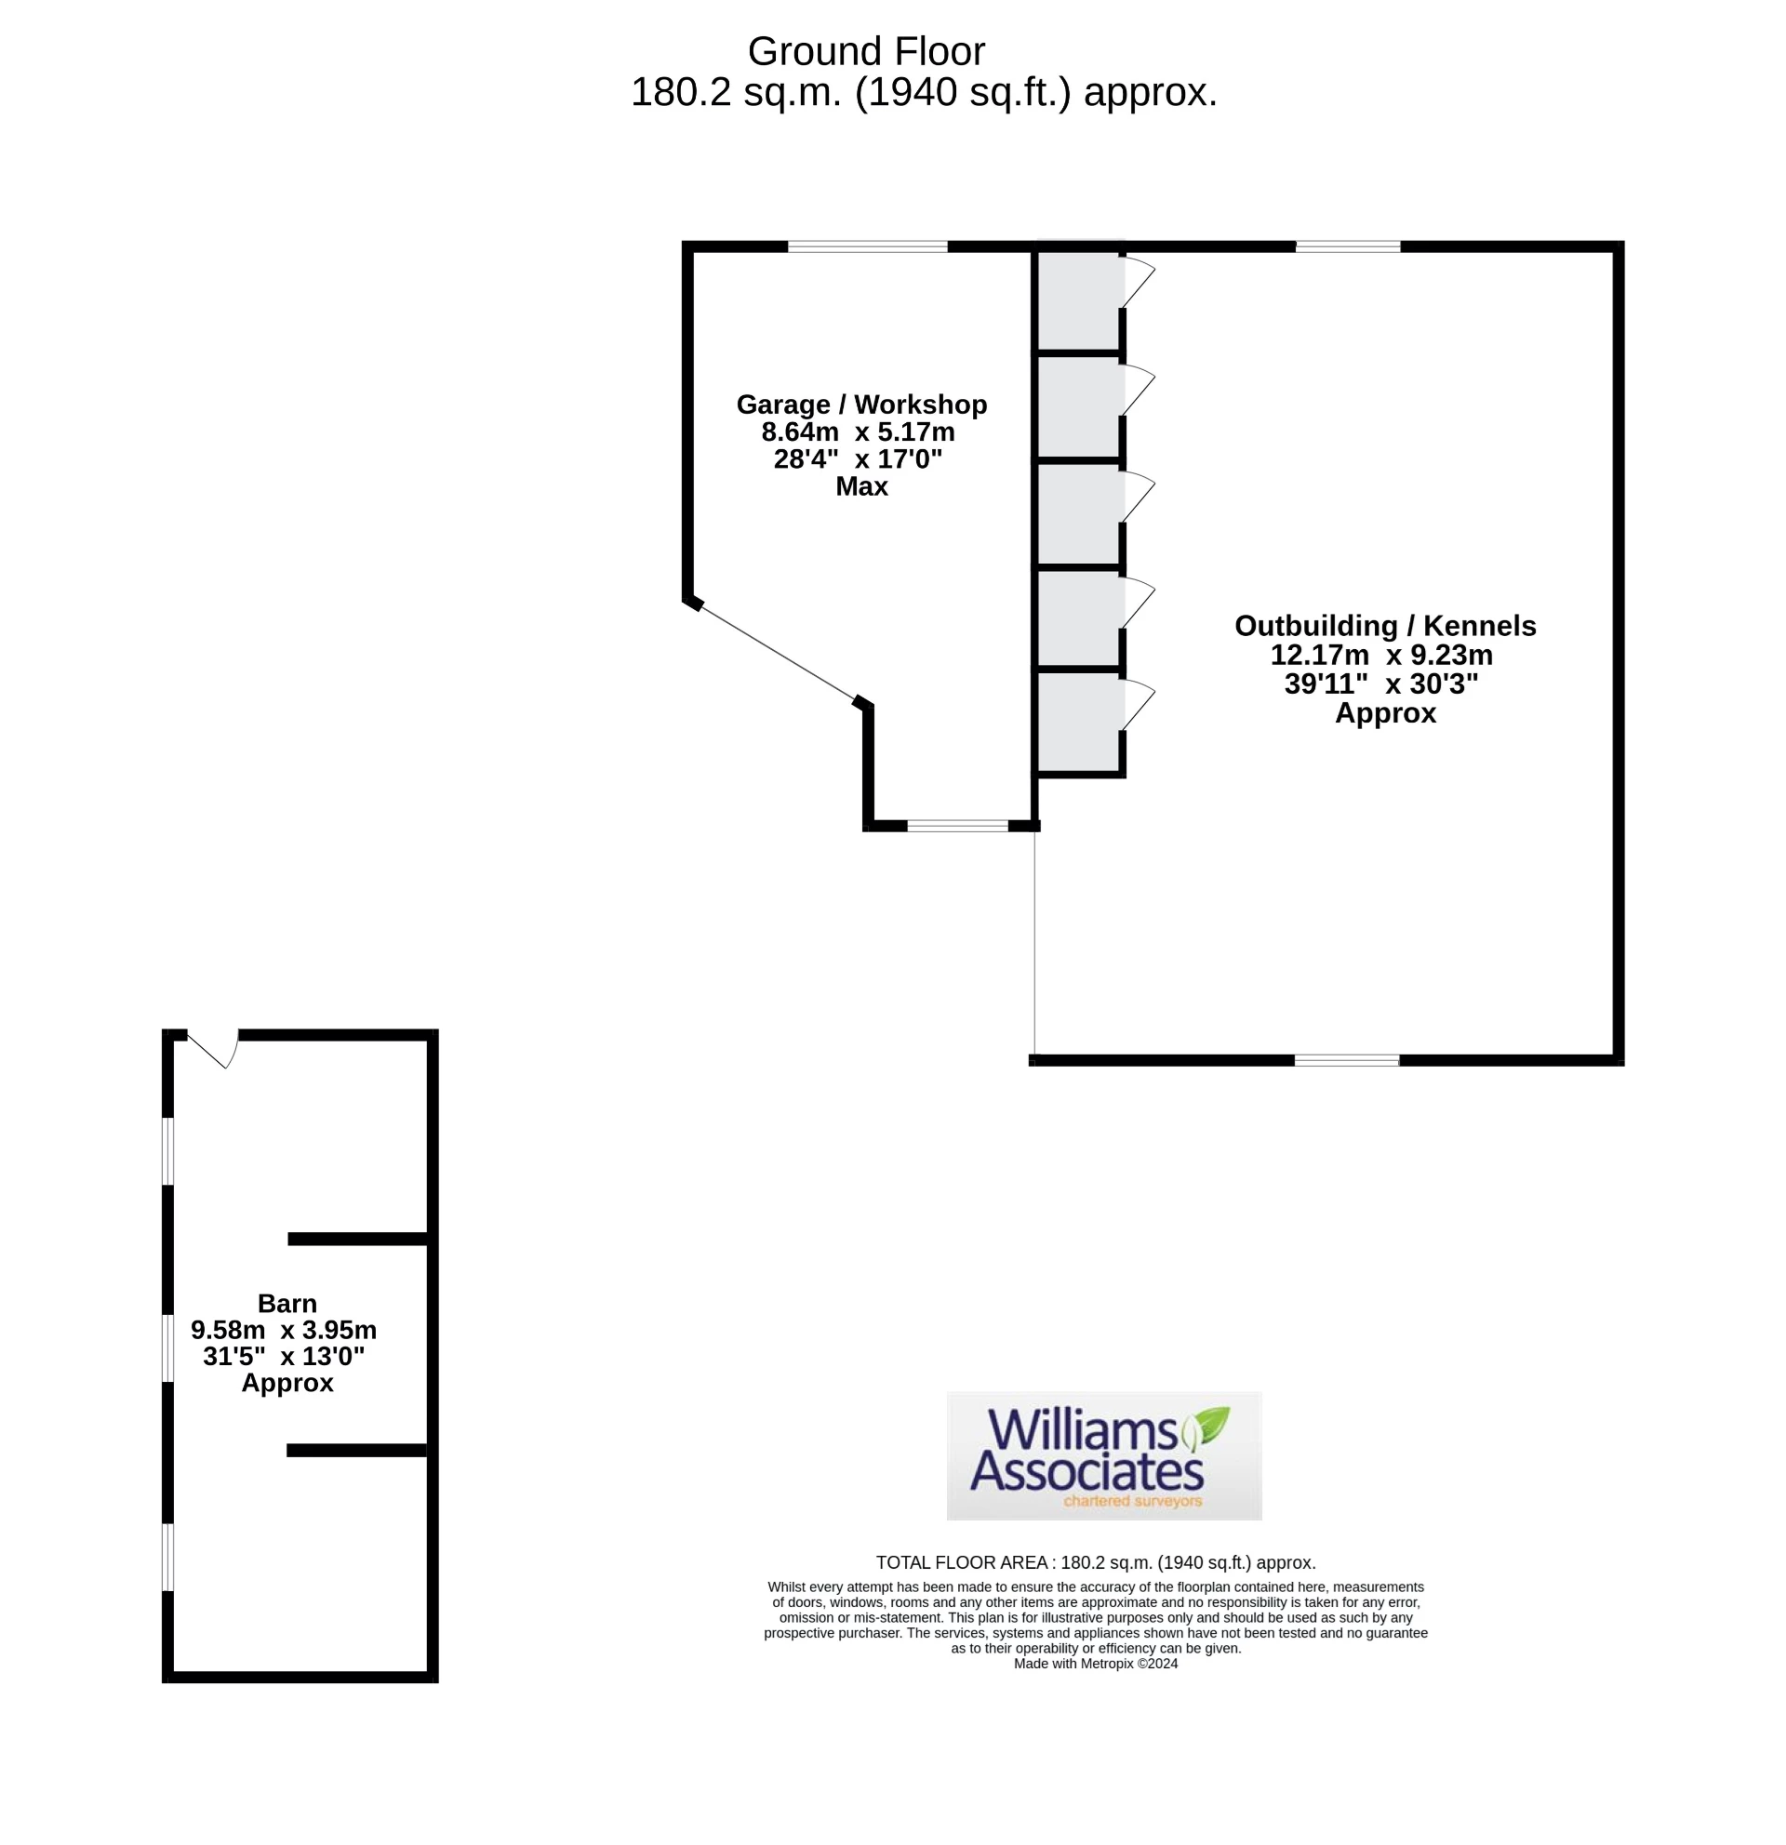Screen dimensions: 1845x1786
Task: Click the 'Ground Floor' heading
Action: [865, 52]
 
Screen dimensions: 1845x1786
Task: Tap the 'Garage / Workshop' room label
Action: [860, 405]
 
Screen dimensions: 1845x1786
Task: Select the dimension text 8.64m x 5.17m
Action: [858, 432]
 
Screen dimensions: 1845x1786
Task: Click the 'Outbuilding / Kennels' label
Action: [1384, 626]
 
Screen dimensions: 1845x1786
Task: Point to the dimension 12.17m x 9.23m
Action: [1380, 656]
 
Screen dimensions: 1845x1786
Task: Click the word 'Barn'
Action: [287, 1304]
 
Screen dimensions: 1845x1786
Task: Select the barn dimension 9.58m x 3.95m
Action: [284, 1330]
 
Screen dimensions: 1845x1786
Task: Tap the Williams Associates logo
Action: [1103, 1455]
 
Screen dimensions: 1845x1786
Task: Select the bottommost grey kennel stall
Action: [1078, 723]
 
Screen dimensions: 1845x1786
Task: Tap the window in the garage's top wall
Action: [867, 246]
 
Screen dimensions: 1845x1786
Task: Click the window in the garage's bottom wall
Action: [956, 826]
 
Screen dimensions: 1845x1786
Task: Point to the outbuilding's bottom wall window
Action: [1346, 1061]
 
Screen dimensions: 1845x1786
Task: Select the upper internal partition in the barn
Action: [358, 1239]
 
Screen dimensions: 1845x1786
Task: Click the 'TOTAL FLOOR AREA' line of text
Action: [1095, 1562]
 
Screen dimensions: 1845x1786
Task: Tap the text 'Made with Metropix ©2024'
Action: [1095, 1664]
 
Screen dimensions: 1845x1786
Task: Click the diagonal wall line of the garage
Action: [778, 652]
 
